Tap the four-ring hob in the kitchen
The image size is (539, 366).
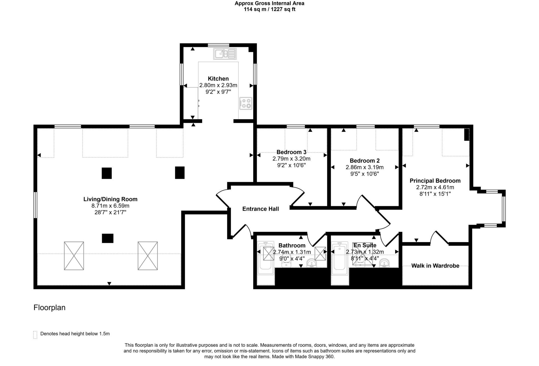(x=246, y=103)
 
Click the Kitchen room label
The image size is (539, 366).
(x=218, y=79)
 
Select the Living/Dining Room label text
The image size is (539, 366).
(x=110, y=199)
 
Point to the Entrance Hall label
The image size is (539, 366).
(x=261, y=209)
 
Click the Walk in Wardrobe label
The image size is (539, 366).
(x=435, y=266)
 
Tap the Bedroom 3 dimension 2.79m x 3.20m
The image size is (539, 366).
(x=291, y=159)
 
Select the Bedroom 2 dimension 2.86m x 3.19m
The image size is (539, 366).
(x=365, y=167)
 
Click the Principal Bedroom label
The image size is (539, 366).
(x=435, y=181)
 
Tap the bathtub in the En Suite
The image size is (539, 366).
(x=340, y=258)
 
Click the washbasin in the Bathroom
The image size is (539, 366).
(x=312, y=263)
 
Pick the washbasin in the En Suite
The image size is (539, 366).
(x=385, y=263)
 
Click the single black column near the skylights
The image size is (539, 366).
(x=108, y=238)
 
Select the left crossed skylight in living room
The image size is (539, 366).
(x=74, y=256)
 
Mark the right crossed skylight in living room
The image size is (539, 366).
(x=148, y=256)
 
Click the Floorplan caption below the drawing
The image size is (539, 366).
(x=49, y=308)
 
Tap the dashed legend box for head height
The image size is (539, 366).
(x=35, y=335)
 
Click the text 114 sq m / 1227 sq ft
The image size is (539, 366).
(x=269, y=9)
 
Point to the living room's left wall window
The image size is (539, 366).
(x=35, y=205)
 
